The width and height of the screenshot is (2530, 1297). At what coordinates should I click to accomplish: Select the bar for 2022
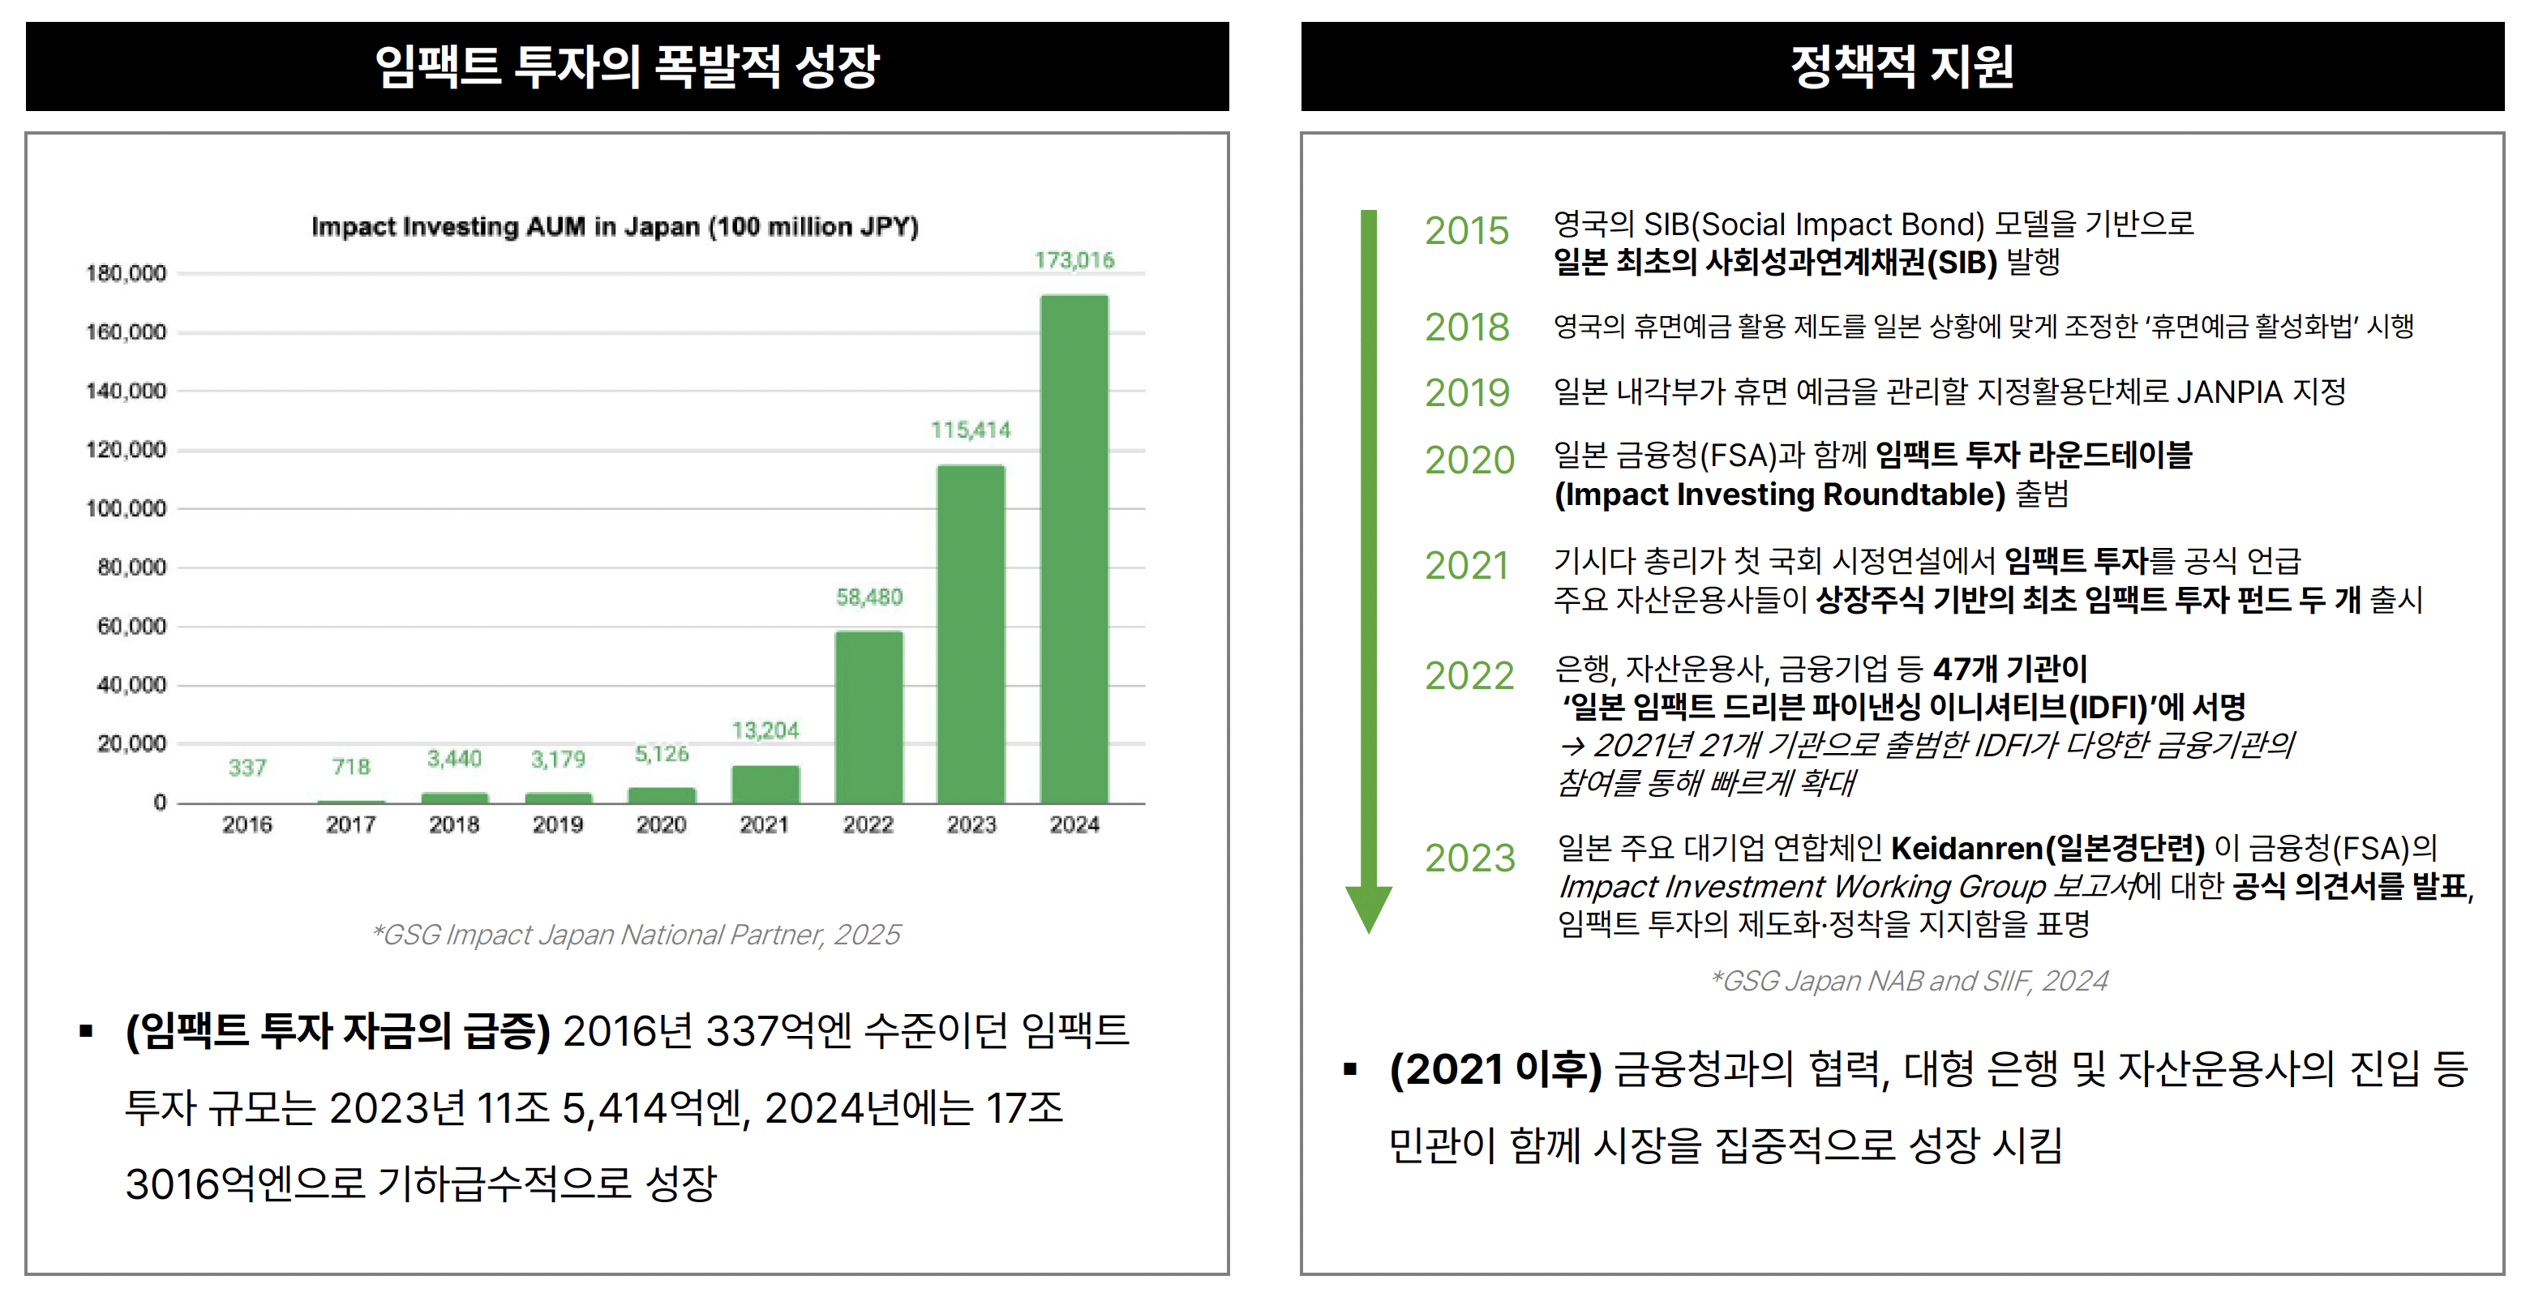pyautogui.click(x=868, y=717)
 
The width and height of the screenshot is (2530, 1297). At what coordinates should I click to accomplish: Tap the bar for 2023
pyautogui.click(x=971, y=633)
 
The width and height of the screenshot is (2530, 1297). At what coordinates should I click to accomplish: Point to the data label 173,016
pyautogui.click(x=1074, y=260)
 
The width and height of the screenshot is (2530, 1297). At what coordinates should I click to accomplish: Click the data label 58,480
pyautogui.click(x=868, y=597)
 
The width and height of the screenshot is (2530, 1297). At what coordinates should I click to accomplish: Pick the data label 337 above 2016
pyautogui.click(x=247, y=767)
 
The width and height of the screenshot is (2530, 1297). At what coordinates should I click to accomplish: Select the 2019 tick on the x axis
pyautogui.click(x=557, y=824)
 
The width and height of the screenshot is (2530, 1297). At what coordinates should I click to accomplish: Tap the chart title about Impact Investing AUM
pyautogui.click(x=615, y=227)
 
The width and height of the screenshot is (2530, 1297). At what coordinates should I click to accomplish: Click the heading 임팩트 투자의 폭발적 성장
pyautogui.click(x=627, y=66)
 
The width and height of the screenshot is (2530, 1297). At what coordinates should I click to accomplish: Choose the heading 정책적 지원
pyautogui.click(x=1902, y=66)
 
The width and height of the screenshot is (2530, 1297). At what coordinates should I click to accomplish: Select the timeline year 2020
pyautogui.click(x=1469, y=460)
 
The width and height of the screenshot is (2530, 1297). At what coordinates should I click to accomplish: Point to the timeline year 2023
pyautogui.click(x=1469, y=858)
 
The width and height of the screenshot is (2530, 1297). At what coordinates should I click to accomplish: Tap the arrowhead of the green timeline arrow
pyautogui.click(x=1368, y=907)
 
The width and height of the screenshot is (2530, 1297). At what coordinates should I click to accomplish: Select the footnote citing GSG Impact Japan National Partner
pyautogui.click(x=636, y=935)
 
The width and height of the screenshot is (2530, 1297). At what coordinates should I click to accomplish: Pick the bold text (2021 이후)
pyautogui.click(x=1494, y=1069)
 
